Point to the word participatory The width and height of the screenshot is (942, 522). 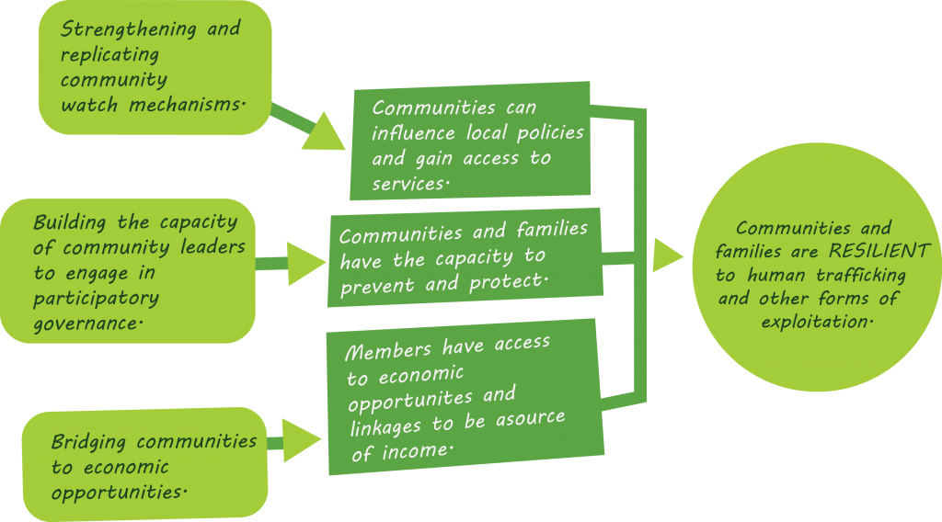tap(96, 298)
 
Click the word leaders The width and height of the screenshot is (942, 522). tap(211, 247)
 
